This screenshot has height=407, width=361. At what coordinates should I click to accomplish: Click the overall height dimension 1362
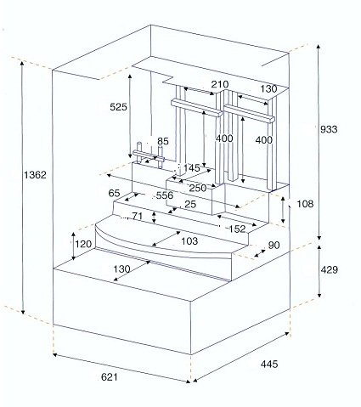click(x=35, y=175)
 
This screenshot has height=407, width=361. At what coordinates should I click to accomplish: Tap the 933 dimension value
click(x=329, y=129)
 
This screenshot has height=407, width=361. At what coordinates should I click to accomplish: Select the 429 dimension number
click(x=330, y=269)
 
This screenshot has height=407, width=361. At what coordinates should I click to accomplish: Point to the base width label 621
click(x=109, y=377)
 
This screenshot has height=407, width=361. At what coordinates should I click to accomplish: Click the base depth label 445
click(x=269, y=364)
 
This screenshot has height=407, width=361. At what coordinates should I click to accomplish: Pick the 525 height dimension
click(x=118, y=107)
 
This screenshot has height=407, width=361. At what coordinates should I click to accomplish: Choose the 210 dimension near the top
click(x=220, y=84)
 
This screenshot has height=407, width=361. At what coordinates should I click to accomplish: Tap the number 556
click(x=165, y=195)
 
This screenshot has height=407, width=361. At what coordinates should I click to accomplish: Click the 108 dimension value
click(x=305, y=204)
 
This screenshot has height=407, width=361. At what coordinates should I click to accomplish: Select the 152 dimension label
click(x=237, y=229)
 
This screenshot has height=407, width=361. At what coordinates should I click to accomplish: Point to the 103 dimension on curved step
click(x=189, y=241)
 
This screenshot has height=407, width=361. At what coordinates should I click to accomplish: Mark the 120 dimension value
click(x=83, y=244)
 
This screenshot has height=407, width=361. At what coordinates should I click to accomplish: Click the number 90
click(x=274, y=246)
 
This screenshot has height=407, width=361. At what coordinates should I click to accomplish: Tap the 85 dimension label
click(x=163, y=141)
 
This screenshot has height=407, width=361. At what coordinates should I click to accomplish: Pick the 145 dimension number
click(x=192, y=168)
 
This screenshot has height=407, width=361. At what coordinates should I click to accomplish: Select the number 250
click(x=198, y=188)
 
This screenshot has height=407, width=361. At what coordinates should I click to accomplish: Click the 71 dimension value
click(x=137, y=216)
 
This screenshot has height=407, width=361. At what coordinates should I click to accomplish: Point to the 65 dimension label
click(x=114, y=193)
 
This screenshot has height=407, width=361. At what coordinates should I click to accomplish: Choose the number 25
click(x=190, y=204)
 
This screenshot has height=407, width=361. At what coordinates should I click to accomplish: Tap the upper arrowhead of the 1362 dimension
click(x=22, y=62)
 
